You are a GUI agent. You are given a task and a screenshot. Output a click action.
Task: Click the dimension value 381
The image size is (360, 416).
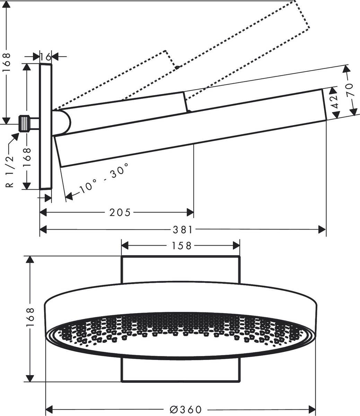coord(183,229)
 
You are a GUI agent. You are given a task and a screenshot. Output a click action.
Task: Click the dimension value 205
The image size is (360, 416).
coord(120,212)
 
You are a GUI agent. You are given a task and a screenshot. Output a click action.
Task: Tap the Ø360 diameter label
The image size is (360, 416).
coord(186,409)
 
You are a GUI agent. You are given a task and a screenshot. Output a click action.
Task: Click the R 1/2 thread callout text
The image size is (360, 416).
coord(10,171)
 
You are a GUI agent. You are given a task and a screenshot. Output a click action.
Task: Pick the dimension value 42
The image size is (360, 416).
coord(334,102)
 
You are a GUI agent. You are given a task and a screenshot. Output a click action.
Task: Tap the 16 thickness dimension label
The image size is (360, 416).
coord(45,56)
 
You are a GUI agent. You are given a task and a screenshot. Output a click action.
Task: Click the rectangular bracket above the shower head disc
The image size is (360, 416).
coord(180,269)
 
